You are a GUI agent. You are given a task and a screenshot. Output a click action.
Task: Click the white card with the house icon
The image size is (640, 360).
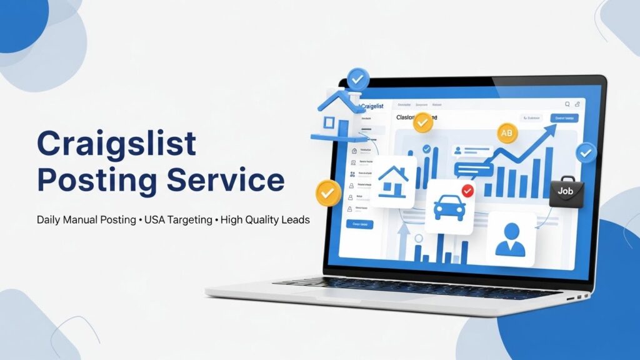394,181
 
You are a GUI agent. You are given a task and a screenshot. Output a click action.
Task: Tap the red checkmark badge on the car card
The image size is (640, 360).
467,190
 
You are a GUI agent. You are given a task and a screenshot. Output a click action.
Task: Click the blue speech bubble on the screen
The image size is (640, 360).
473,169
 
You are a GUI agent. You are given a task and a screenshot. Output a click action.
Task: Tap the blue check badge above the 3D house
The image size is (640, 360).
358,79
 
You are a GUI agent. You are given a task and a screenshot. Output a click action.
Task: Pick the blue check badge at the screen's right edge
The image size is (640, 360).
586,152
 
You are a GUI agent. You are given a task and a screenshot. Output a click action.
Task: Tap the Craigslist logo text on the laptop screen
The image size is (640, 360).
376,107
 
